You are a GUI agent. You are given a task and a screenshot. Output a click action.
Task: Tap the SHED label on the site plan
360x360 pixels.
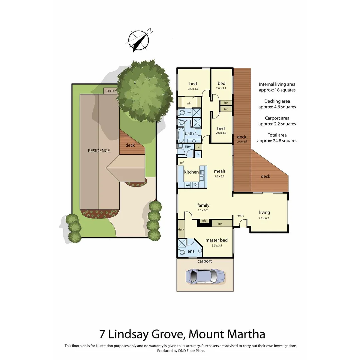[x=110, y=91]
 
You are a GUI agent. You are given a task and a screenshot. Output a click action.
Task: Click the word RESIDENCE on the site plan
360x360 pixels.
[x=99, y=151]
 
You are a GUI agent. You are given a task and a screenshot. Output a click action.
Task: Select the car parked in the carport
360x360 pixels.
[x=205, y=276]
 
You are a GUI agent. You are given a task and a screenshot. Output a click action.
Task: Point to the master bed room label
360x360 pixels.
[x=216, y=240]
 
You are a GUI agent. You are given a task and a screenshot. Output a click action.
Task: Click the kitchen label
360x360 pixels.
[x=191, y=172]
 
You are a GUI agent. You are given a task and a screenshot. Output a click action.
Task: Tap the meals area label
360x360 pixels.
[x=220, y=171]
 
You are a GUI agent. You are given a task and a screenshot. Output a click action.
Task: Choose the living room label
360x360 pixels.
[x=264, y=212]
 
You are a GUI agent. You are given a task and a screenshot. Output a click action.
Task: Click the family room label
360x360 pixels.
[x=203, y=205]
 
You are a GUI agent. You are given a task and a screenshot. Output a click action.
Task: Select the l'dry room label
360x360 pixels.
[x=188, y=147]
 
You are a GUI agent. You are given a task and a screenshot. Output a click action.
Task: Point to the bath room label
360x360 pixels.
[x=189, y=134]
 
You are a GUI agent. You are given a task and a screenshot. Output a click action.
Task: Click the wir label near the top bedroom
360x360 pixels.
[x=189, y=103]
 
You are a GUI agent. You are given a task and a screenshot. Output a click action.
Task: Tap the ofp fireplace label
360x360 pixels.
[x=204, y=221]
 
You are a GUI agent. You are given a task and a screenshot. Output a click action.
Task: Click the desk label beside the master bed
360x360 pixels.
[x=181, y=230]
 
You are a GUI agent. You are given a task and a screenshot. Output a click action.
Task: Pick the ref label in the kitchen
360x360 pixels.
[x=182, y=163]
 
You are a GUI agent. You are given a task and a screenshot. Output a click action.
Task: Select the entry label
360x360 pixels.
[x=241, y=216]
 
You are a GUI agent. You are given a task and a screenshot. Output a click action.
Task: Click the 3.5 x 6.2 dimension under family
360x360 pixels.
[x=203, y=210]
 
